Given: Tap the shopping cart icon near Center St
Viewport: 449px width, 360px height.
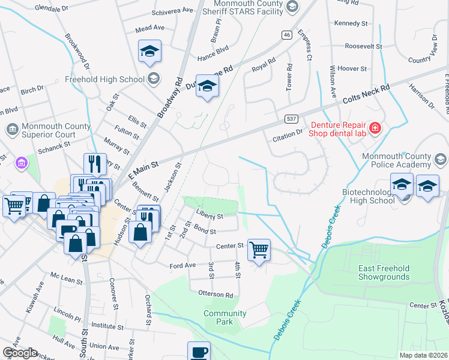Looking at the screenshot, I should point(259,250).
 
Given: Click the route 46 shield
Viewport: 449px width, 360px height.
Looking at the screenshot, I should point(287,35).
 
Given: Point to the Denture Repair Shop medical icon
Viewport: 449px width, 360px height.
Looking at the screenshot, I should point(376,128).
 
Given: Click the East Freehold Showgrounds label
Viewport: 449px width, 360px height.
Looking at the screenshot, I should point(384,272).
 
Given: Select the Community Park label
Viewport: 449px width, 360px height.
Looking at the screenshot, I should point(224,317).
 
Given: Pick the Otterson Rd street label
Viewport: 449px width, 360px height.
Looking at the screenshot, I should point(215,295).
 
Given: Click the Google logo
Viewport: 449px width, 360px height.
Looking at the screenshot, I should point(20,353).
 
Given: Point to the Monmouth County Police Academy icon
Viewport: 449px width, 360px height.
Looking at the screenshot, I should point(441,160).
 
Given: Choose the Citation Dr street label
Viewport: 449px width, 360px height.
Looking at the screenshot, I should point(290,138).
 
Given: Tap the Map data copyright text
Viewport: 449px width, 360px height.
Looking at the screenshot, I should point(422,354).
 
